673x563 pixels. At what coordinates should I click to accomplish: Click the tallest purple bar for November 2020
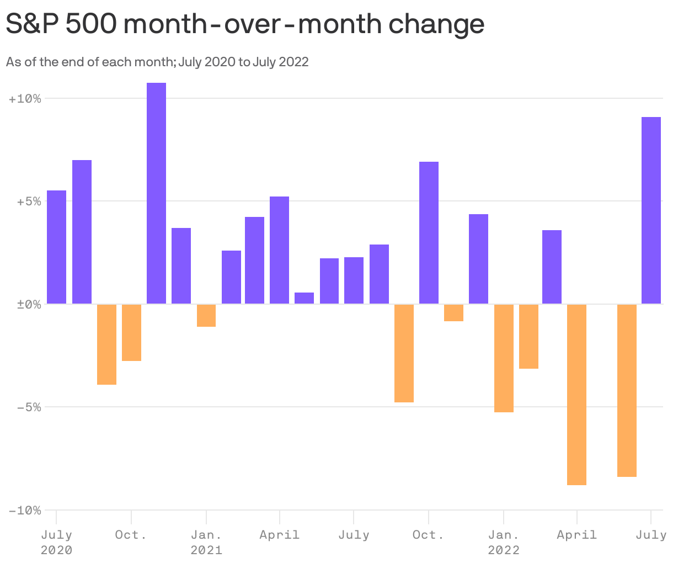(156, 193)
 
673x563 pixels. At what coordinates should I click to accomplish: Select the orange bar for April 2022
(576, 394)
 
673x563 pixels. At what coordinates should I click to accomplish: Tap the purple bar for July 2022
(651, 210)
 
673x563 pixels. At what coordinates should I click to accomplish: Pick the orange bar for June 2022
(627, 390)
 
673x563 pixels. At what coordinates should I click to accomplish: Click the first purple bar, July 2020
(56, 247)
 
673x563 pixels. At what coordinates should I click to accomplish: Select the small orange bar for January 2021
(206, 315)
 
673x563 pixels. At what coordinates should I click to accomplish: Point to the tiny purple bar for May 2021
(304, 298)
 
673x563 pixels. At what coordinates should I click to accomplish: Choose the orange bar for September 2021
(404, 353)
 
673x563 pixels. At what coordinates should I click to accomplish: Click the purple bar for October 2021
(429, 232)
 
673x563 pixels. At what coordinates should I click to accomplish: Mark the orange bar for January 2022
(504, 358)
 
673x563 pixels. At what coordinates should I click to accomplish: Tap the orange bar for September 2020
(106, 344)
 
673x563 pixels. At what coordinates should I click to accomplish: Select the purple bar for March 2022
(552, 267)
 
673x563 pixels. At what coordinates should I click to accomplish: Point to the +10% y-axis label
(25, 99)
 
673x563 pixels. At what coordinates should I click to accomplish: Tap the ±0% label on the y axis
(25, 304)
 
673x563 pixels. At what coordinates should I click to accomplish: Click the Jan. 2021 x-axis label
(206, 542)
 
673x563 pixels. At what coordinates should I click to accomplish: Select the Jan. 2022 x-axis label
(504, 542)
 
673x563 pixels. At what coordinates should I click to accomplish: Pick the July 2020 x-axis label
(56, 542)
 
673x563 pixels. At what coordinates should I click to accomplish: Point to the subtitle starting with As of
(157, 62)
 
